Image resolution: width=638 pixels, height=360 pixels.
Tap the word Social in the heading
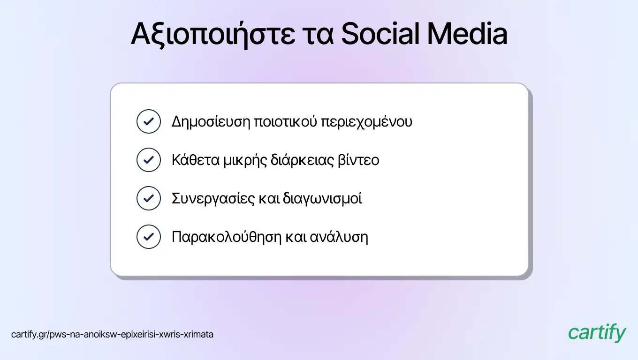[x=380, y=34]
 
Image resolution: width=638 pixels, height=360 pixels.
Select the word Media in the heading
[x=467, y=34]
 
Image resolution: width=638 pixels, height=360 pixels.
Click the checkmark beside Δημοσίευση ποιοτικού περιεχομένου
[x=149, y=121]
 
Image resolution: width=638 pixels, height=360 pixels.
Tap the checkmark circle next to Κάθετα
[x=149, y=160]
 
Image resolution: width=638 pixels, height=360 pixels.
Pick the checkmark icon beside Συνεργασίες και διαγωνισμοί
[x=149, y=198]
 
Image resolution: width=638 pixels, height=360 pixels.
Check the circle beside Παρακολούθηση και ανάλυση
[x=149, y=237]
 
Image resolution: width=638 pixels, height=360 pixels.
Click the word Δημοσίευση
[x=211, y=122]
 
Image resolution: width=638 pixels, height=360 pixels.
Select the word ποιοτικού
[x=285, y=121]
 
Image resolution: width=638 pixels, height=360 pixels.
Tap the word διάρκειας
[x=302, y=160]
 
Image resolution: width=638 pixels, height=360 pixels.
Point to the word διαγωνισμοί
[x=322, y=199]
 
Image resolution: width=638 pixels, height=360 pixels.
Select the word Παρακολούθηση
[x=227, y=237]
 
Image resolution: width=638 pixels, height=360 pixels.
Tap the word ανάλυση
[x=339, y=237]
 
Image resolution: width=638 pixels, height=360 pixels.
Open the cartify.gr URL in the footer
[x=112, y=334]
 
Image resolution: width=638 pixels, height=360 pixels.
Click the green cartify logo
[x=597, y=333]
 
